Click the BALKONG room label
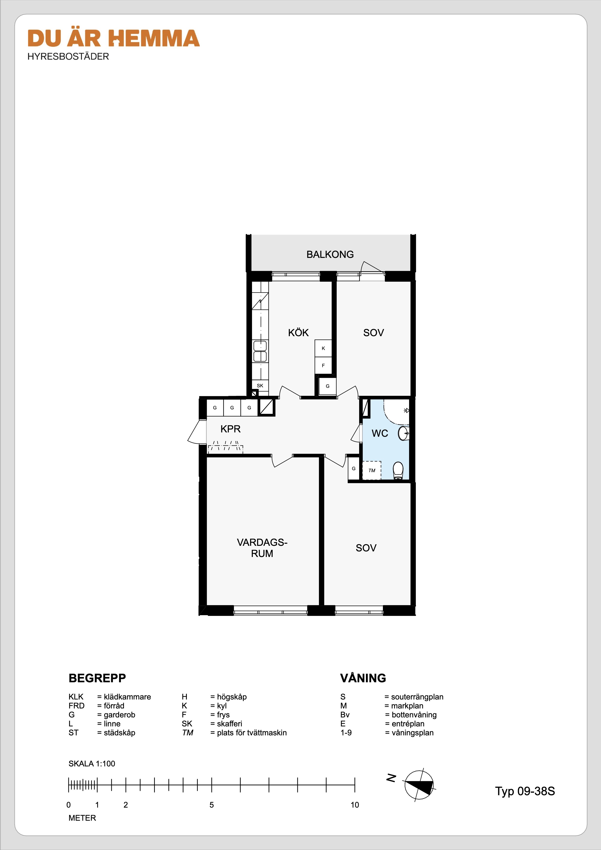click(330, 254)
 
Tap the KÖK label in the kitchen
click(298, 333)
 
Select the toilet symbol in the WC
click(398, 470)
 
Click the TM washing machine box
click(372, 470)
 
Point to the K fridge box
click(323, 348)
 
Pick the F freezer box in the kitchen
click(323, 365)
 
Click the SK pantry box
click(260, 385)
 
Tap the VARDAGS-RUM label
click(262, 548)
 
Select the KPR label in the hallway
click(230, 429)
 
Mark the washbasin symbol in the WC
click(403, 433)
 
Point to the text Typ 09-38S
click(525, 791)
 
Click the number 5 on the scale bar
click(212, 805)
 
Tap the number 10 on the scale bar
click(355, 805)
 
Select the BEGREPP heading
click(97, 678)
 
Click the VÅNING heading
click(363, 678)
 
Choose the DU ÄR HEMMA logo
click(114, 39)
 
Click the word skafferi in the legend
click(229, 723)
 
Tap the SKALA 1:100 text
click(92, 764)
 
